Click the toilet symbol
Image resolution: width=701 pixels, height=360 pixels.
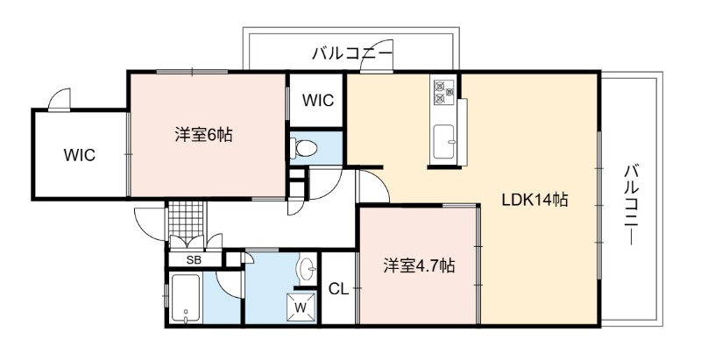tap(303, 147)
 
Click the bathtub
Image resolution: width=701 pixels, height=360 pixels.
tap(186, 299)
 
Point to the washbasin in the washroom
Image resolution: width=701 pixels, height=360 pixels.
tap(307, 269)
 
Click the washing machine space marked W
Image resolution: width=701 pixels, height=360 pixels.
tap(301, 307)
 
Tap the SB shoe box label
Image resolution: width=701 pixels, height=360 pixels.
tap(194, 260)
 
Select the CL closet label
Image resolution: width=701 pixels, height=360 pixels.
tap(338, 289)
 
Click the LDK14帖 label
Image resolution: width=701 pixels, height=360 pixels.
tap(535, 199)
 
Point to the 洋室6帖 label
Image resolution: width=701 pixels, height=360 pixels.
tap(203, 134)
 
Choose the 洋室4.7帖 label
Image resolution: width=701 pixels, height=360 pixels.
tap(419, 266)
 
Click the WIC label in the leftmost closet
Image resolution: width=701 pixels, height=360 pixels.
tap(80, 155)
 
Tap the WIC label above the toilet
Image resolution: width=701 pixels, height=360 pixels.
tap(318, 101)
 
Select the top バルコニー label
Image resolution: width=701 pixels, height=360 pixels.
tap(352, 53)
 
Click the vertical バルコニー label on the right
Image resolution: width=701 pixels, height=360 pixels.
tap(631, 205)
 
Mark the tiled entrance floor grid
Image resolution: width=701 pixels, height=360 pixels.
tap(187, 219)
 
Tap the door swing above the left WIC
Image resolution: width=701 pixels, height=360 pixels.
tap(60, 99)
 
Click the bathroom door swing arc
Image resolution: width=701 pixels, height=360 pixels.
tap(230, 285)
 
